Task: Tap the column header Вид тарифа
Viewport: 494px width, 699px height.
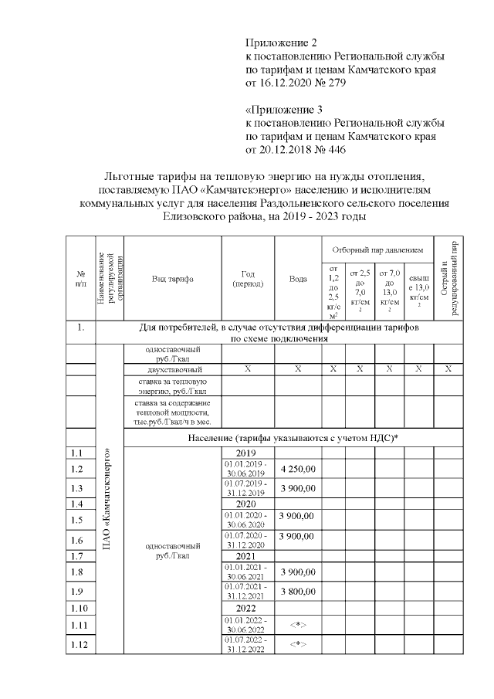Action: [172, 279]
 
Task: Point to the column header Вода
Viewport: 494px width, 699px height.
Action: [298, 279]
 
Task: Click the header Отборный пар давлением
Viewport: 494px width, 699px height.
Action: [377, 250]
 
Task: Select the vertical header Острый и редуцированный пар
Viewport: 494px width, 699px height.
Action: [448, 279]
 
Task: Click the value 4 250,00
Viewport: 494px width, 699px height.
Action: [298, 468]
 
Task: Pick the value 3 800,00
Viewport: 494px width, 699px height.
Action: [298, 592]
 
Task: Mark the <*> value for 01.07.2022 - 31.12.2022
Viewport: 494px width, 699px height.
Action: [298, 643]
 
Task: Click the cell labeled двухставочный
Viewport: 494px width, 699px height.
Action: [172, 369]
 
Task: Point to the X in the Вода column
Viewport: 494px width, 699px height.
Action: [298, 369]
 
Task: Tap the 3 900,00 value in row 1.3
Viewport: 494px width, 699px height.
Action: [298, 488]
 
